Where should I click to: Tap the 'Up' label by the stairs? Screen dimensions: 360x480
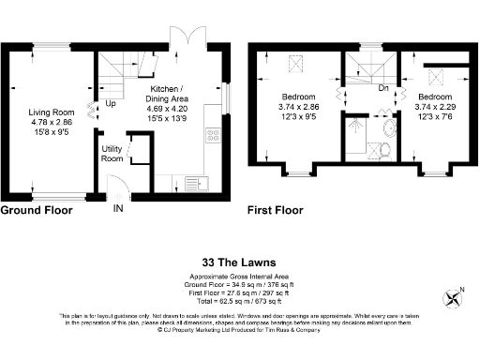coord(111,103)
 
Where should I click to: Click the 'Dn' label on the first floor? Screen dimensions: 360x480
coord(382,89)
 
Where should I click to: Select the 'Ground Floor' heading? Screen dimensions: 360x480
coord(37,210)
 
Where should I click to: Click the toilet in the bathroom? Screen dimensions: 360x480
coord(382,149)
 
